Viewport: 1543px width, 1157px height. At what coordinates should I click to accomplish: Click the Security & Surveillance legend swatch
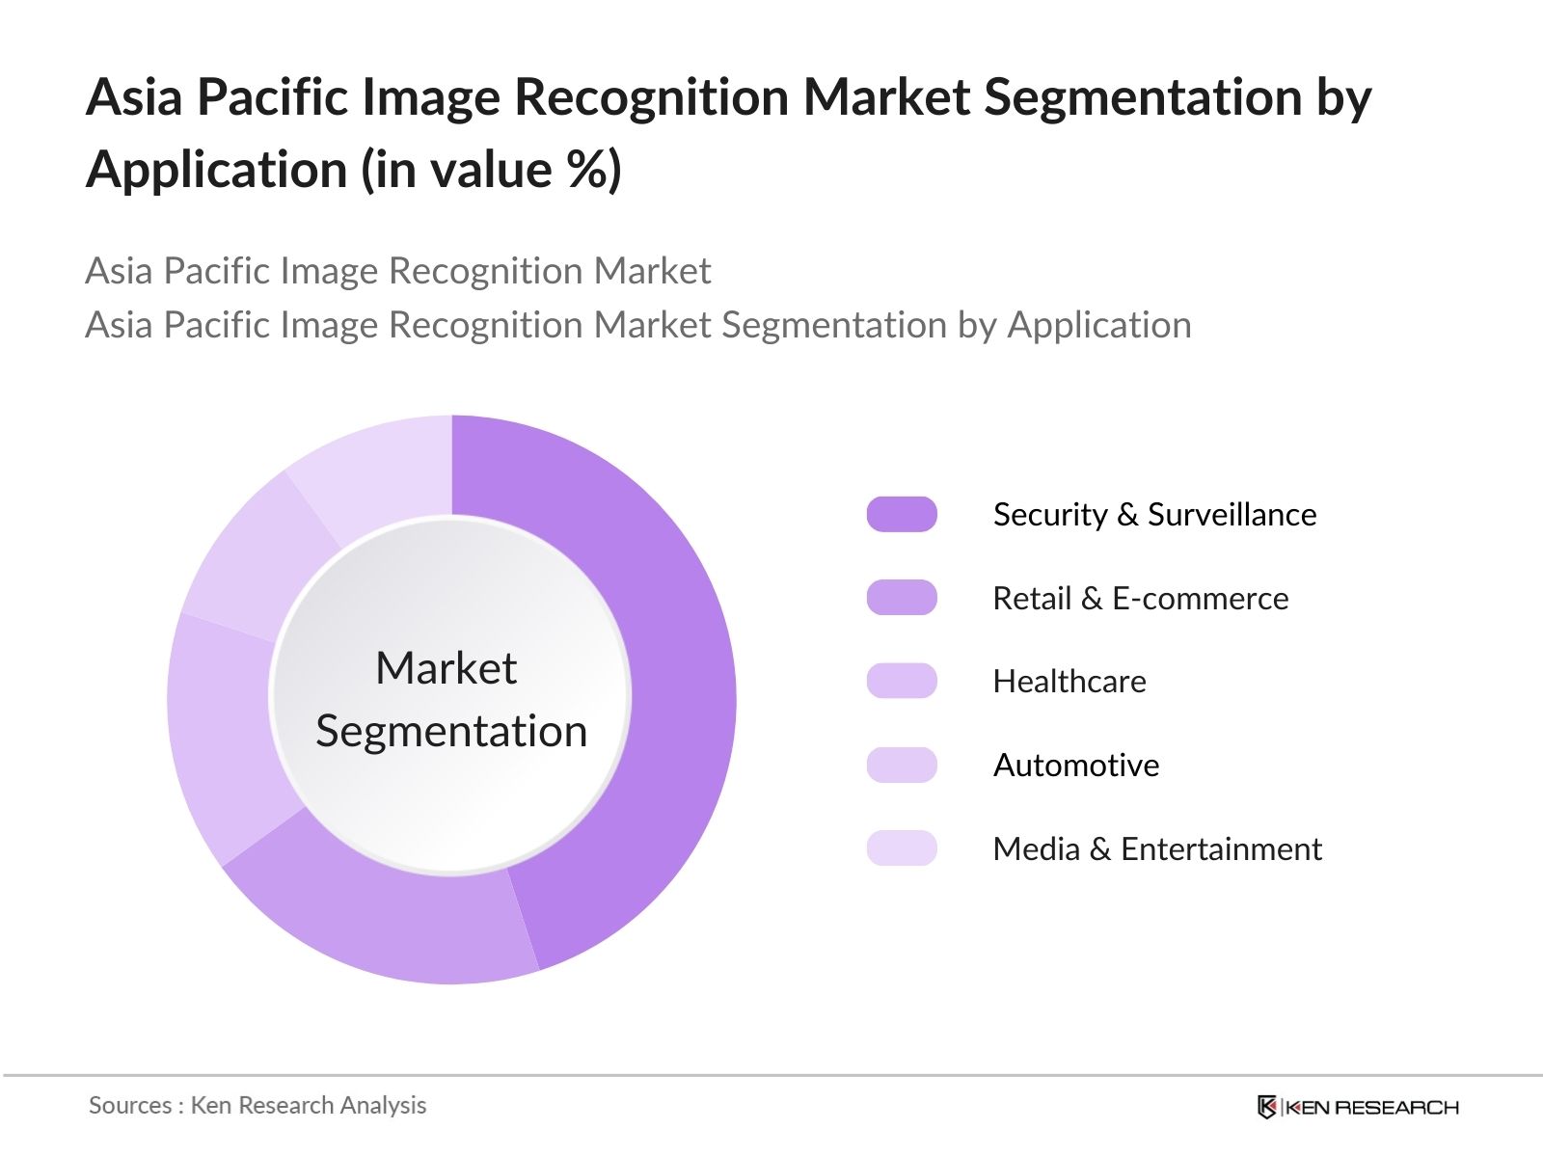click(x=902, y=515)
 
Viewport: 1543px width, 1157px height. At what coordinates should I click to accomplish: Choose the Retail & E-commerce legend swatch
click(x=902, y=598)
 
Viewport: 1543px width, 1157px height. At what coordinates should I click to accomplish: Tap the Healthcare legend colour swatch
click(x=902, y=682)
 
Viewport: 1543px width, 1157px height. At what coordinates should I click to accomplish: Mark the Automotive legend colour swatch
click(x=902, y=766)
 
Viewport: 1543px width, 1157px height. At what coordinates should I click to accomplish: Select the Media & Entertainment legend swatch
click(x=902, y=848)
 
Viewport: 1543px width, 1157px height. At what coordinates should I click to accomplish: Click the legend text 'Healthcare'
click(x=1069, y=682)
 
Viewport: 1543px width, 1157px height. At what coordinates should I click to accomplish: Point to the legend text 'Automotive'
click(x=1076, y=766)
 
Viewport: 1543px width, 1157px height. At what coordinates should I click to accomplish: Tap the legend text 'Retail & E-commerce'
click(x=1141, y=599)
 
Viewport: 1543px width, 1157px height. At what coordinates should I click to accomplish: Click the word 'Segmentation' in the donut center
click(x=451, y=731)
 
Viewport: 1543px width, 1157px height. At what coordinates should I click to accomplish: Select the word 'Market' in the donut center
click(x=446, y=668)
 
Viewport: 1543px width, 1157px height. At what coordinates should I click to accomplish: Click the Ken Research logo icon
click(x=1267, y=1107)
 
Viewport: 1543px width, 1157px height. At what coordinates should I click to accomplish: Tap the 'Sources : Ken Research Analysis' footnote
click(x=257, y=1105)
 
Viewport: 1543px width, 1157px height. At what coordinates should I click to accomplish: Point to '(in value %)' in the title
click(x=491, y=170)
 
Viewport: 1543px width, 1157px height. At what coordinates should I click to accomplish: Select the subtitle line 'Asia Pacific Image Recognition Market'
click(x=397, y=271)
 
